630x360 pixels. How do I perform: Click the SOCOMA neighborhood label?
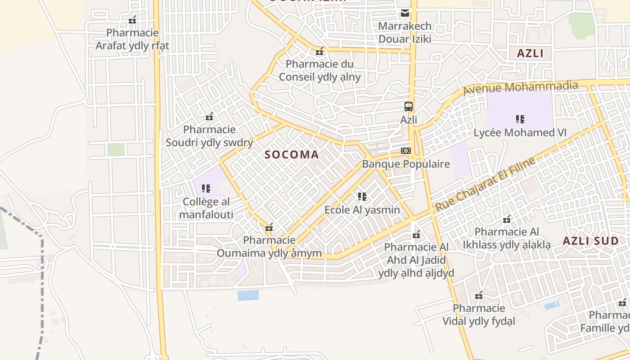pyautogui.click(x=292, y=155)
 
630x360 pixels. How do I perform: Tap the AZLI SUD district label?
pyautogui.click(x=591, y=241)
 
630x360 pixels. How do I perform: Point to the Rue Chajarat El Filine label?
pyautogui.click(x=486, y=184)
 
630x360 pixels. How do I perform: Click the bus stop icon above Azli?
pyautogui.click(x=408, y=107)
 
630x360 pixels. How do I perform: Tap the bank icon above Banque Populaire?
pyautogui.click(x=406, y=150)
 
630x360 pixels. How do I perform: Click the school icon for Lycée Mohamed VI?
pyautogui.click(x=520, y=119)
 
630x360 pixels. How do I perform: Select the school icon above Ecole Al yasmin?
pyautogui.click(x=362, y=196)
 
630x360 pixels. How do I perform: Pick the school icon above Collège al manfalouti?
pyautogui.click(x=206, y=188)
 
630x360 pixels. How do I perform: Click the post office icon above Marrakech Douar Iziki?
pyautogui.click(x=405, y=13)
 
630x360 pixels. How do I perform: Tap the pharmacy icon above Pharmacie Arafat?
pyautogui.click(x=132, y=20)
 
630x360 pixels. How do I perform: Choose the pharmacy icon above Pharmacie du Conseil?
pyautogui.click(x=319, y=51)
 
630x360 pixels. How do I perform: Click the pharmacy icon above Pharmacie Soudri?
pyautogui.click(x=209, y=117)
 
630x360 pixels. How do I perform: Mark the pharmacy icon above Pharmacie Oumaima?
pyautogui.click(x=269, y=227)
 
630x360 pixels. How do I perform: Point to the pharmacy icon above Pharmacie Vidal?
pyautogui.click(x=479, y=295)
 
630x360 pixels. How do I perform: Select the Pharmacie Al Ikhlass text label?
pyautogui.click(x=507, y=238)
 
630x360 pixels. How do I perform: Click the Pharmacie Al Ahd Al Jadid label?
pyautogui.click(x=416, y=260)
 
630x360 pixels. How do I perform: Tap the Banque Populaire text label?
pyautogui.click(x=406, y=164)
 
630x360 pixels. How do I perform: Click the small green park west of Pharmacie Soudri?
pyautogui.click(x=116, y=149)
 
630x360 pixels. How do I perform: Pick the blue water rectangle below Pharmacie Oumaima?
pyautogui.click(x=248, y=295)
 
